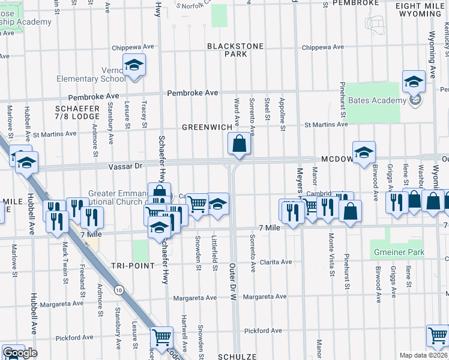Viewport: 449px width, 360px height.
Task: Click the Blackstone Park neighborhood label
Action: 227,50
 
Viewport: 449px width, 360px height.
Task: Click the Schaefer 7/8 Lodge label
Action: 77,112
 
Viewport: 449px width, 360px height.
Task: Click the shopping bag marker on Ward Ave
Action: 239,145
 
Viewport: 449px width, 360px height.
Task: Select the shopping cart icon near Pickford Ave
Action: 161,338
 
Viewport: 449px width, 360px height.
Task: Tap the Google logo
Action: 20,353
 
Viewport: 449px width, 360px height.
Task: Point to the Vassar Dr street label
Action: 125,166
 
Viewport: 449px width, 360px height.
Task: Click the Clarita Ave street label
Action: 276,262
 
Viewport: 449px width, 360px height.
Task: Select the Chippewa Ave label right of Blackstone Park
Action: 321,47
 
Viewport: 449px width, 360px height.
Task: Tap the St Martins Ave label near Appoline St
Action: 326,124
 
